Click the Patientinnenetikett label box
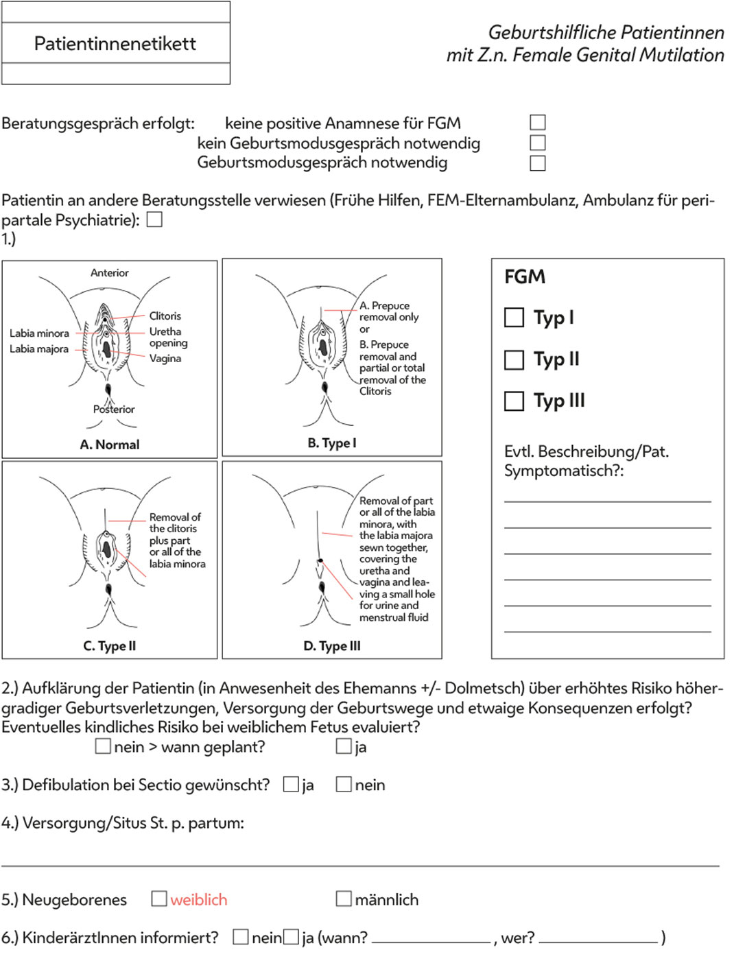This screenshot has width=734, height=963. click(x=115, y=43)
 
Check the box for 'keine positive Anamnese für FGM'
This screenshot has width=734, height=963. click(x=538, y=123)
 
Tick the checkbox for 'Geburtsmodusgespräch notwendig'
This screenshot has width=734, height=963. click(x=538, y=163)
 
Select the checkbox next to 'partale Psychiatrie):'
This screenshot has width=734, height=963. click(x=155, y=219)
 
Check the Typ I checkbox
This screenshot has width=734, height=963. click(x=514, y=318)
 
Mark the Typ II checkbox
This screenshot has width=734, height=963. click(x=514, y=359)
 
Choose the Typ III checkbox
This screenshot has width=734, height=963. click(x=514, y=401)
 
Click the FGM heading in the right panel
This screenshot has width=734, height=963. click(x=525, y=276)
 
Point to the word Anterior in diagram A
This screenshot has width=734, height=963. click(x=110, y=273)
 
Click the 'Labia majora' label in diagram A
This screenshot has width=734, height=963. click(x=39, y=349)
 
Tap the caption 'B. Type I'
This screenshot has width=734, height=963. click(x=332, y=443)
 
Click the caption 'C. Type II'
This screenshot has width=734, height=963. click(x=110, y=646)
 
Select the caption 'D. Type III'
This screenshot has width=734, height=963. click(x=332, y=646)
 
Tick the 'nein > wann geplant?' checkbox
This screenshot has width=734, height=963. click(x=103, y=746)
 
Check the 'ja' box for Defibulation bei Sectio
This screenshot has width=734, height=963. click(x=291, y=784)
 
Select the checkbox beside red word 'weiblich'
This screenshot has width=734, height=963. click(x=159, y=899)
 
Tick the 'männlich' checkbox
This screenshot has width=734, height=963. click(x=344, y=899)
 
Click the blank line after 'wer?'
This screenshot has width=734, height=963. click(x=598, y=938)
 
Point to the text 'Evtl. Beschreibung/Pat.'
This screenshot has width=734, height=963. click(x=586, y=451)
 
